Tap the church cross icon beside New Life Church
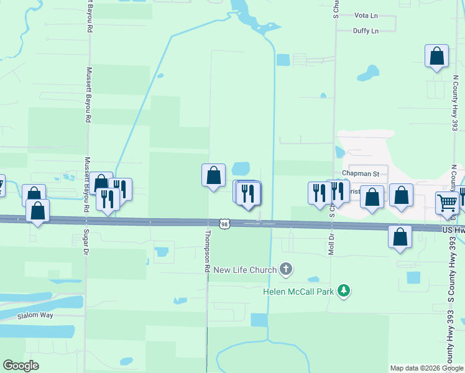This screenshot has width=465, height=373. pos(286,269)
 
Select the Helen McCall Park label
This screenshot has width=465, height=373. pos(299,291)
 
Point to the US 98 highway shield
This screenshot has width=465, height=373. pos(225,223)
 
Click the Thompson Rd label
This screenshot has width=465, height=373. pos(206,252)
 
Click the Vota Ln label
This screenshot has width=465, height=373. pos(366,15)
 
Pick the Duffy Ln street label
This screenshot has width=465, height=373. pos(366,30)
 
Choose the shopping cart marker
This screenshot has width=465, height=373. pos(448,203)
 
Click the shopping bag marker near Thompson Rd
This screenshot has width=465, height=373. pos(213,175)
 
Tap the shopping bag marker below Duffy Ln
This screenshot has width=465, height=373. pos(436,56)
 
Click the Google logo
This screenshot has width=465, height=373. pos(21,366)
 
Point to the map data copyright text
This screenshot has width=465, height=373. pos(426,368)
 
